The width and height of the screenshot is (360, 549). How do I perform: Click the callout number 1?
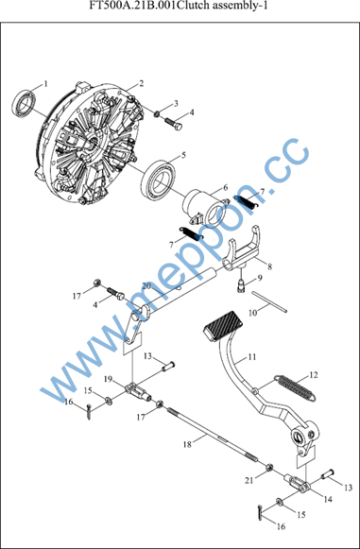45,84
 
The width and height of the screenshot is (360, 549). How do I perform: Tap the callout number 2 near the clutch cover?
141,83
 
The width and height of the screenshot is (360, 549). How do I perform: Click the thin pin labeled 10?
268,300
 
